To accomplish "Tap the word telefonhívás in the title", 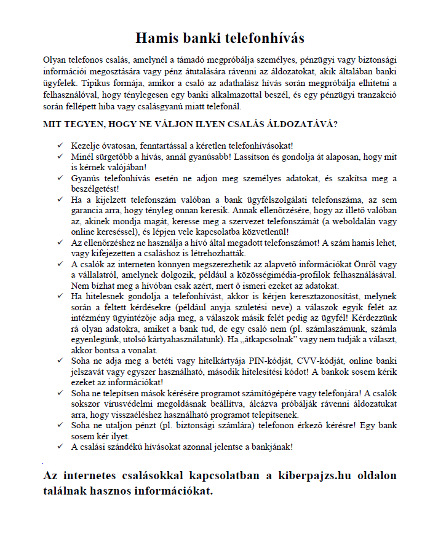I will [261, 38].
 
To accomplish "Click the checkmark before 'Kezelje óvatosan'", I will [59, 144].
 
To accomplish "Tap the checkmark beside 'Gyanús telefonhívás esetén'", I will [59, 178].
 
